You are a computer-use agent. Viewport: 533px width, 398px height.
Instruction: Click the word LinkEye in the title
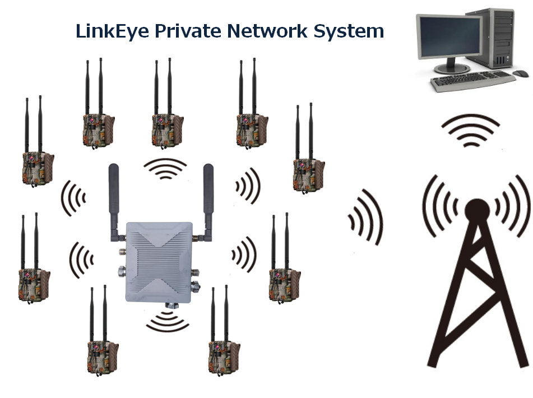coord(112,31)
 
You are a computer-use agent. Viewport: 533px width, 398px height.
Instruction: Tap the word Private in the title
coord(188,31)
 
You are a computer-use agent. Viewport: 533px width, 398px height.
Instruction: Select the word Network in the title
coord(267,31)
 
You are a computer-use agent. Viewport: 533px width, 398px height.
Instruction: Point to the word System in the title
coord(349,31)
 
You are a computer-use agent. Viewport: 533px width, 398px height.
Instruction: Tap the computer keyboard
coord(473,81)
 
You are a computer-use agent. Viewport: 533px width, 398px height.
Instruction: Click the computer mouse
coord(521,73)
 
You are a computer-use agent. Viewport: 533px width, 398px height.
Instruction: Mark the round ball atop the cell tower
coord(478,211)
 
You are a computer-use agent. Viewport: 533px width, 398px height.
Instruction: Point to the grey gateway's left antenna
coord(114,202)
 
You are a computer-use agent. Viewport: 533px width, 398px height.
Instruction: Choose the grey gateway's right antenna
coord(207,202)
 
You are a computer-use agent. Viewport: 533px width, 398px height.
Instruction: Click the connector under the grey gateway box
coord(172,304)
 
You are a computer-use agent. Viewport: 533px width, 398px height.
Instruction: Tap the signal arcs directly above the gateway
coord(165,169)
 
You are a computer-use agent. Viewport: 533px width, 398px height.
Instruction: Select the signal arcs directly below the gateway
coord(168,322)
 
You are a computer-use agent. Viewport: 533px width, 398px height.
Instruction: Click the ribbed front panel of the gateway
coord(159,262)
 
